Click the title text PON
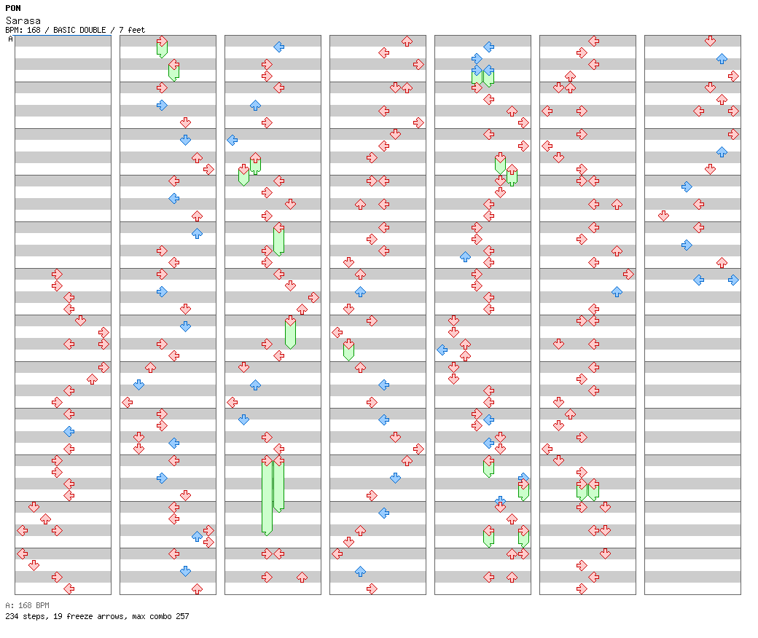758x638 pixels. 13,8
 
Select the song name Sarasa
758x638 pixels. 23,20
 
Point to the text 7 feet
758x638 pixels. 132,30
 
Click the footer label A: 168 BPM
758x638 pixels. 27,605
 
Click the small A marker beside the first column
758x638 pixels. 10,39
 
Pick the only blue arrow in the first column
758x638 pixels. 69,431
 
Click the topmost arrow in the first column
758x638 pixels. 57,274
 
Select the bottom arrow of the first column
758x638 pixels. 69,588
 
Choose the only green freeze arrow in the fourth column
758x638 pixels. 348,350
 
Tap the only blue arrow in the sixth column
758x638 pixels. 617,291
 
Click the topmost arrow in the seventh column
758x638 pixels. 710,41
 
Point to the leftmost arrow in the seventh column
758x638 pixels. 663,216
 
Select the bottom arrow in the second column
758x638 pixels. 197,588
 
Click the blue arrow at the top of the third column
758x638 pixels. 278,47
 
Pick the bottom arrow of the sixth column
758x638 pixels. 582,588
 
